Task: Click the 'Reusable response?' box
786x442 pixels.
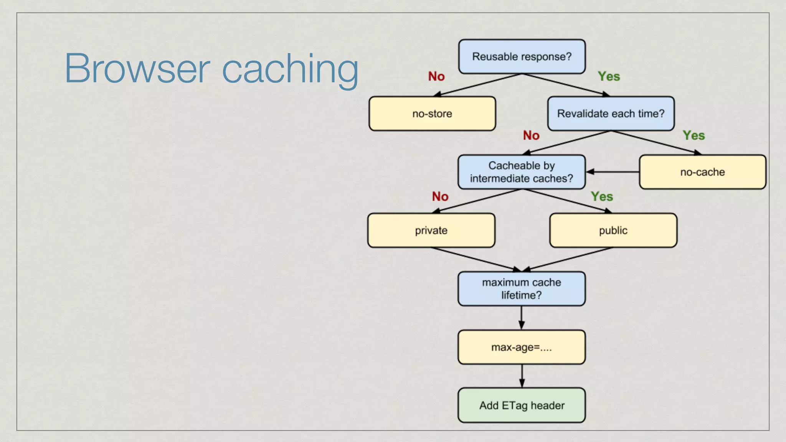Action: [x=522, y=56]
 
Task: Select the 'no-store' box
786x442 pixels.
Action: [x=432, y=114]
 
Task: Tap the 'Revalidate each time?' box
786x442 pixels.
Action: [x=611, y=114]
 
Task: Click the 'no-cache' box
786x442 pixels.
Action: [x=702, y=172]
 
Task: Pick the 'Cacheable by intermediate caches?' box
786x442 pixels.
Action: [x=521, y=172]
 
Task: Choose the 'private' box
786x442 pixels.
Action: [x=431, y=230]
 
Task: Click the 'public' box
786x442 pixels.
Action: [x=613, y=230]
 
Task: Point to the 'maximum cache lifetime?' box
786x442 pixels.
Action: [x=521, y=289]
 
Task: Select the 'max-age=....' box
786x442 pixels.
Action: [x=521, y=347]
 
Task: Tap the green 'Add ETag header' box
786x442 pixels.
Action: [x=522, y=405]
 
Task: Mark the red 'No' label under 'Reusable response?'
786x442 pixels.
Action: [x=436, y=76]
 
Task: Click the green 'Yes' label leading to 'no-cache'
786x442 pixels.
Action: [x=694, y=135]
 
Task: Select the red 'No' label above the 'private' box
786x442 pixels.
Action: [x=440, y=196]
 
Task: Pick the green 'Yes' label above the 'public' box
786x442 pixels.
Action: [x=602, y=196]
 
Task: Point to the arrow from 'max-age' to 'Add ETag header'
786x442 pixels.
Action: [x=522, y=376]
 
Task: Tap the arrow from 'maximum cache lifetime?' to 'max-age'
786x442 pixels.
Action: [x=521, y=318]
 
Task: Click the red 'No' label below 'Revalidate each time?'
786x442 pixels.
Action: [x=531, y=135]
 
